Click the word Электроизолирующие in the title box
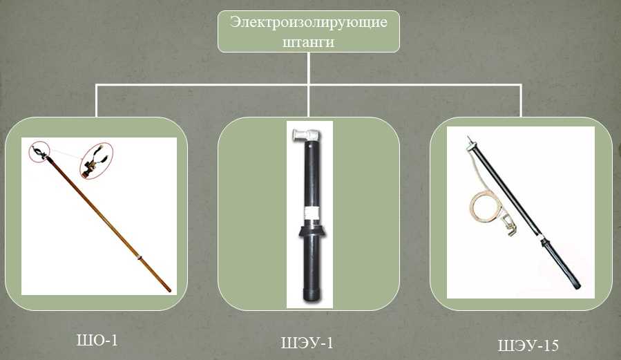click(309, 22)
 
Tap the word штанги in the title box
click(308, 41)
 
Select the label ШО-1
click(97, 340)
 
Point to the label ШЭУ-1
click(307, 343)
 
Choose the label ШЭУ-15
click(528, 345)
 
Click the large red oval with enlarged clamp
click(96, 161)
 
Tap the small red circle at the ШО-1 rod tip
click(39, 151)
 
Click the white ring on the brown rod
click(140, 257)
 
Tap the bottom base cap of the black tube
click(312, 296)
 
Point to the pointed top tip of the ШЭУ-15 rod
click(468, 137)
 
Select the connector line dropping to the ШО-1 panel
click(96, 101)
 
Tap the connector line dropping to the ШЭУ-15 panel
click(520, 101)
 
